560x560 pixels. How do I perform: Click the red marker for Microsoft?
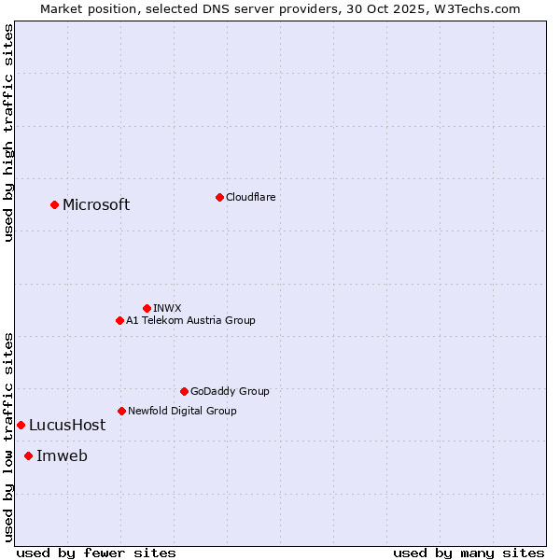pos(54,204)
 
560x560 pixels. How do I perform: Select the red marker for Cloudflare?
pos(219,197)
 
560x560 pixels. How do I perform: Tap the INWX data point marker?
pos(147,308)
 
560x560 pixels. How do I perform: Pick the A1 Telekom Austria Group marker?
pos(119,320)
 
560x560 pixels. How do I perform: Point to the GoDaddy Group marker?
pos(184,391)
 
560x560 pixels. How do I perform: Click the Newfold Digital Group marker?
pos(121,411)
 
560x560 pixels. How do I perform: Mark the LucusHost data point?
pos(21,425)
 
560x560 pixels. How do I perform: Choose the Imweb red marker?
pos(28,455)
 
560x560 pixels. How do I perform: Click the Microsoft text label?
pos(96,205)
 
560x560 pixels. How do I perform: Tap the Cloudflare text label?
pos(250,197)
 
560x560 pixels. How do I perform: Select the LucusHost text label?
pos(67,426)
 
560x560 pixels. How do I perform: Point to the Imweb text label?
pos(62,456)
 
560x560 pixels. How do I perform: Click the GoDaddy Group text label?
pos(230,391)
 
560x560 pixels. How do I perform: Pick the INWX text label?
pos(167,308)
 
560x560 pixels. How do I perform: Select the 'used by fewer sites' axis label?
pos(96,553)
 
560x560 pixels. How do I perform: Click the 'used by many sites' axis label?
pos(469,553)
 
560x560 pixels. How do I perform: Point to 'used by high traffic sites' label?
pos(8,133)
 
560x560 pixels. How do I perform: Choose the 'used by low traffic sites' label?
pos(8,437)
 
